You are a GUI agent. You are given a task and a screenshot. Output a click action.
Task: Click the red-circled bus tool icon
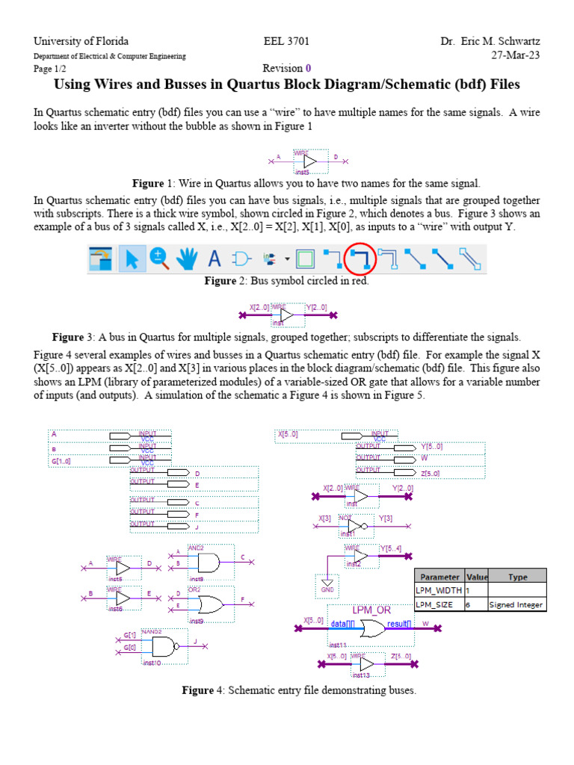(362, 259)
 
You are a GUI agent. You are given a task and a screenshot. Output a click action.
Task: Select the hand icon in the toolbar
(187, 259)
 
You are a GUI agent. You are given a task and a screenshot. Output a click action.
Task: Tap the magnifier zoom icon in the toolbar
(160, 258)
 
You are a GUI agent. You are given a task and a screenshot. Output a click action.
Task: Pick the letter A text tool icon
(215, 259)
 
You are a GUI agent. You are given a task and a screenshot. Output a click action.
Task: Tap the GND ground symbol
(326, 586)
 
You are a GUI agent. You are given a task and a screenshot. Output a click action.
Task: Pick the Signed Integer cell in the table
(516, 604)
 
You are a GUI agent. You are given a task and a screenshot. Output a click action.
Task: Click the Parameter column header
(439, 577)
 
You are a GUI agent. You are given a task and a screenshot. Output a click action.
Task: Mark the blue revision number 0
(307, 68)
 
